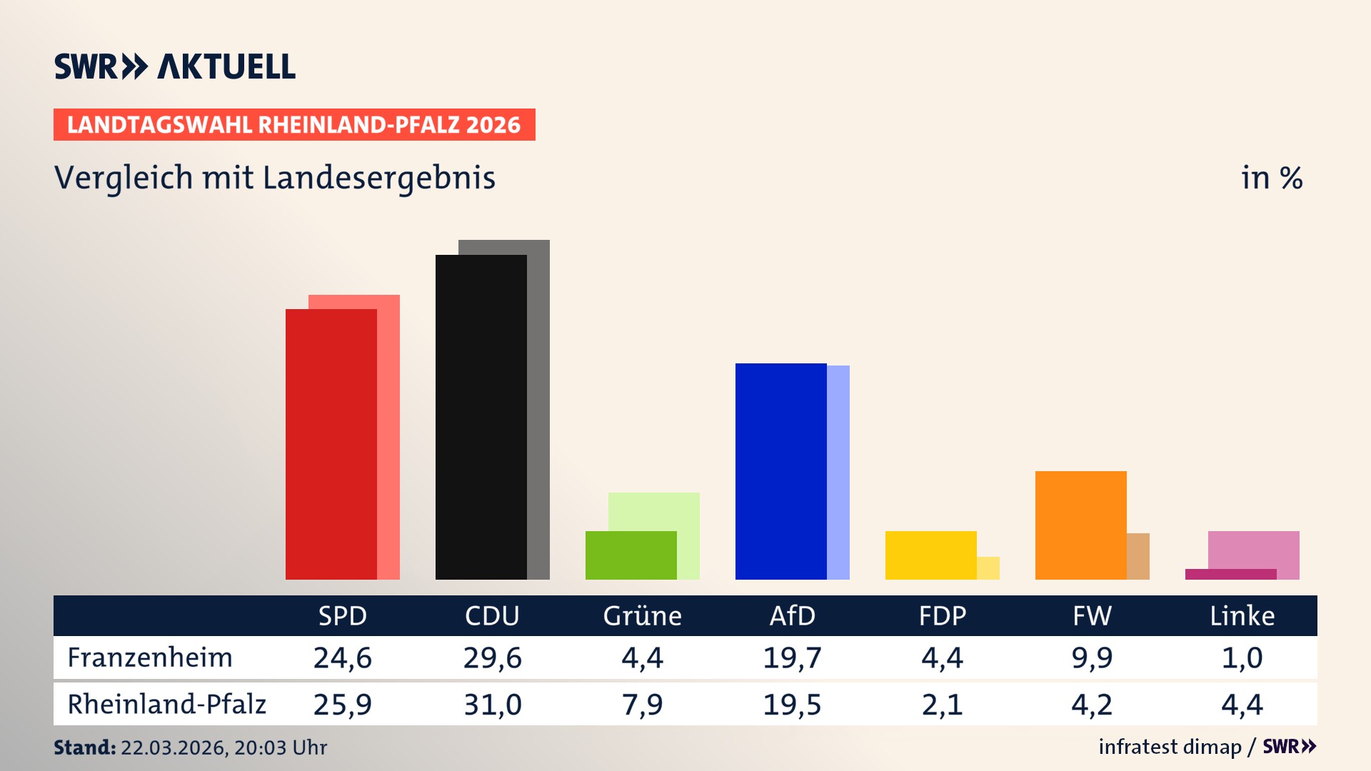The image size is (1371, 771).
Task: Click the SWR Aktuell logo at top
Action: (174, 66)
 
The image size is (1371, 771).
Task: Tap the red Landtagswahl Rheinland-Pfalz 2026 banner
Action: (294, 125)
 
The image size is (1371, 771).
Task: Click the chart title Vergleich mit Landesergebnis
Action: (274, 178)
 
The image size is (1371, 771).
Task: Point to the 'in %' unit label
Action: (1271, 178)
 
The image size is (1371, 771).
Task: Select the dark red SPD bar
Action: (331, 444)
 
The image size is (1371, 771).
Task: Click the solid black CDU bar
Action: (481, 417)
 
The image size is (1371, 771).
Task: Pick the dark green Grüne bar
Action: (631, 555)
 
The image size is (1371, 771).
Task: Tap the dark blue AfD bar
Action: (780, 471)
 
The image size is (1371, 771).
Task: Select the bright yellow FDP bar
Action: (930, 555)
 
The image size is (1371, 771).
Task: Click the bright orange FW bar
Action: (1080, 525)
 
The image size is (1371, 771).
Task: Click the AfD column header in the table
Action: (792, 616)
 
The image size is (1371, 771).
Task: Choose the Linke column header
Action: (1242, 616)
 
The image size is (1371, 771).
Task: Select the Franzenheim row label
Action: (150, 657)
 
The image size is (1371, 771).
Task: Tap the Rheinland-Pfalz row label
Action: (166, 705)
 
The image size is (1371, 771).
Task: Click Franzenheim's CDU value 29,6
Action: (492, 657)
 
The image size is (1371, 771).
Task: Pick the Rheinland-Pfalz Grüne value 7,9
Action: (642, 705)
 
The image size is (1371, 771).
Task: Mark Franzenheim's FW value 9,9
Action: (1092, 657)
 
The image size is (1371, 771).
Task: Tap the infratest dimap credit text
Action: (1170, 747)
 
